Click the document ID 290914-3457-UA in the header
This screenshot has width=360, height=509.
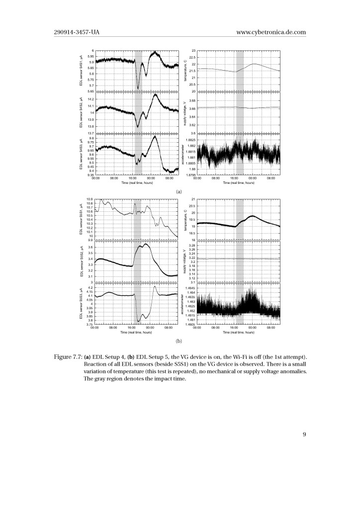81,33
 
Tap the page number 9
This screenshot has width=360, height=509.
304,435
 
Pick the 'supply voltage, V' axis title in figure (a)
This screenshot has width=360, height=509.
184,113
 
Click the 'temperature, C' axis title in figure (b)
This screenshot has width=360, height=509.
184,219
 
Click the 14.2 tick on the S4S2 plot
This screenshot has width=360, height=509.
90,99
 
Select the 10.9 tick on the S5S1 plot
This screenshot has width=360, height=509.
90,199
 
